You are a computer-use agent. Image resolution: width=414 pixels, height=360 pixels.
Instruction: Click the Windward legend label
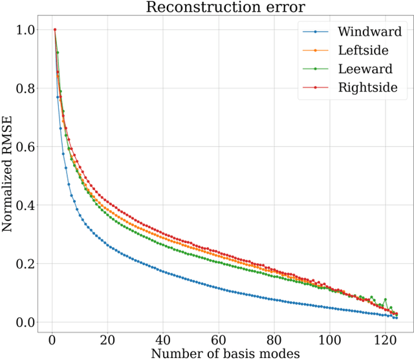(370, 31)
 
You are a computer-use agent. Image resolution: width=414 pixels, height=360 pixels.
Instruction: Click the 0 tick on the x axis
(52, 339)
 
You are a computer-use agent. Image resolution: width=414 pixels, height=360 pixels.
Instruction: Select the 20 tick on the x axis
(108, 339)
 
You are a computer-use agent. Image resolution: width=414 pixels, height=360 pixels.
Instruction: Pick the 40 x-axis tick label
(164, 339)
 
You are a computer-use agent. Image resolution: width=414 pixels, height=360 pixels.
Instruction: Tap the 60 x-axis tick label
(219, 339)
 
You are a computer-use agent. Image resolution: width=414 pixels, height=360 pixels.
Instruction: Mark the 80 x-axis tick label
(275, 339)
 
